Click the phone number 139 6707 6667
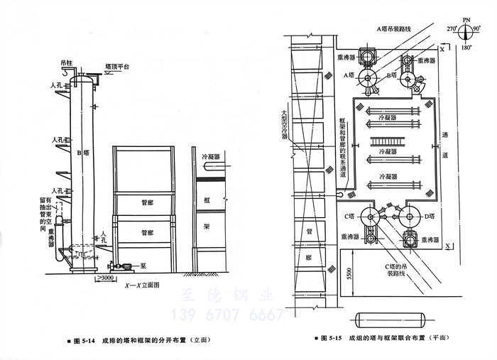(225, 315)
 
